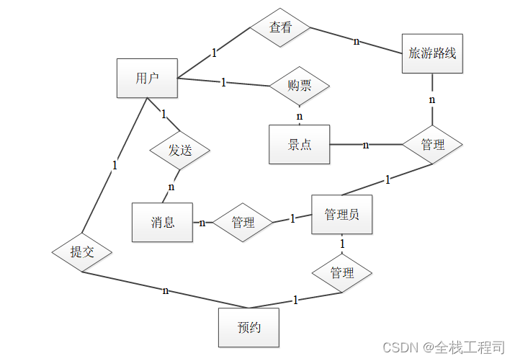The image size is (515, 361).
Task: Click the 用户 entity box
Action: (147, 78)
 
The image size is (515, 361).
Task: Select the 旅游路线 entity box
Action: (431, 53)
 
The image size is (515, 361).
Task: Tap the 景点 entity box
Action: (299, 144)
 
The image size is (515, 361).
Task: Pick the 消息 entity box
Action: (163, 222)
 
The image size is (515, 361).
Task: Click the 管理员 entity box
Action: (341, 214)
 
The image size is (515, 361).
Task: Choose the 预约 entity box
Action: (248, 327)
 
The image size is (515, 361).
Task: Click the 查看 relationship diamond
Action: (280, 28)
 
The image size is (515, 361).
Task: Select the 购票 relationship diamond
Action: (299, 86)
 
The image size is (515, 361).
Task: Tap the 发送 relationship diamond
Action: (180, 151)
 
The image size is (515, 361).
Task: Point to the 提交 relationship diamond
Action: (81, 252)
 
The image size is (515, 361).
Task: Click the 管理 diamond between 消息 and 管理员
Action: (243, 222)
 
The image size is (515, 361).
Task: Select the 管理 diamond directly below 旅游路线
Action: (432, 145)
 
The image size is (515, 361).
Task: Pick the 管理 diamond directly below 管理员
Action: (341, 273)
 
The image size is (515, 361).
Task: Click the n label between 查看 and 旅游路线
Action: (356, 41)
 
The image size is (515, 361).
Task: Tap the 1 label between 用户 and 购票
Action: (223, 82)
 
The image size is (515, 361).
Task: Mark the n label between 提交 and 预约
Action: (166, 290)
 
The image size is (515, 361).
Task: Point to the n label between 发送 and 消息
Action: (171, 187)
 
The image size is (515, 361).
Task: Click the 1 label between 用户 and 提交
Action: (115, 165)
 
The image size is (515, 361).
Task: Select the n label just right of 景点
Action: (366, 145)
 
